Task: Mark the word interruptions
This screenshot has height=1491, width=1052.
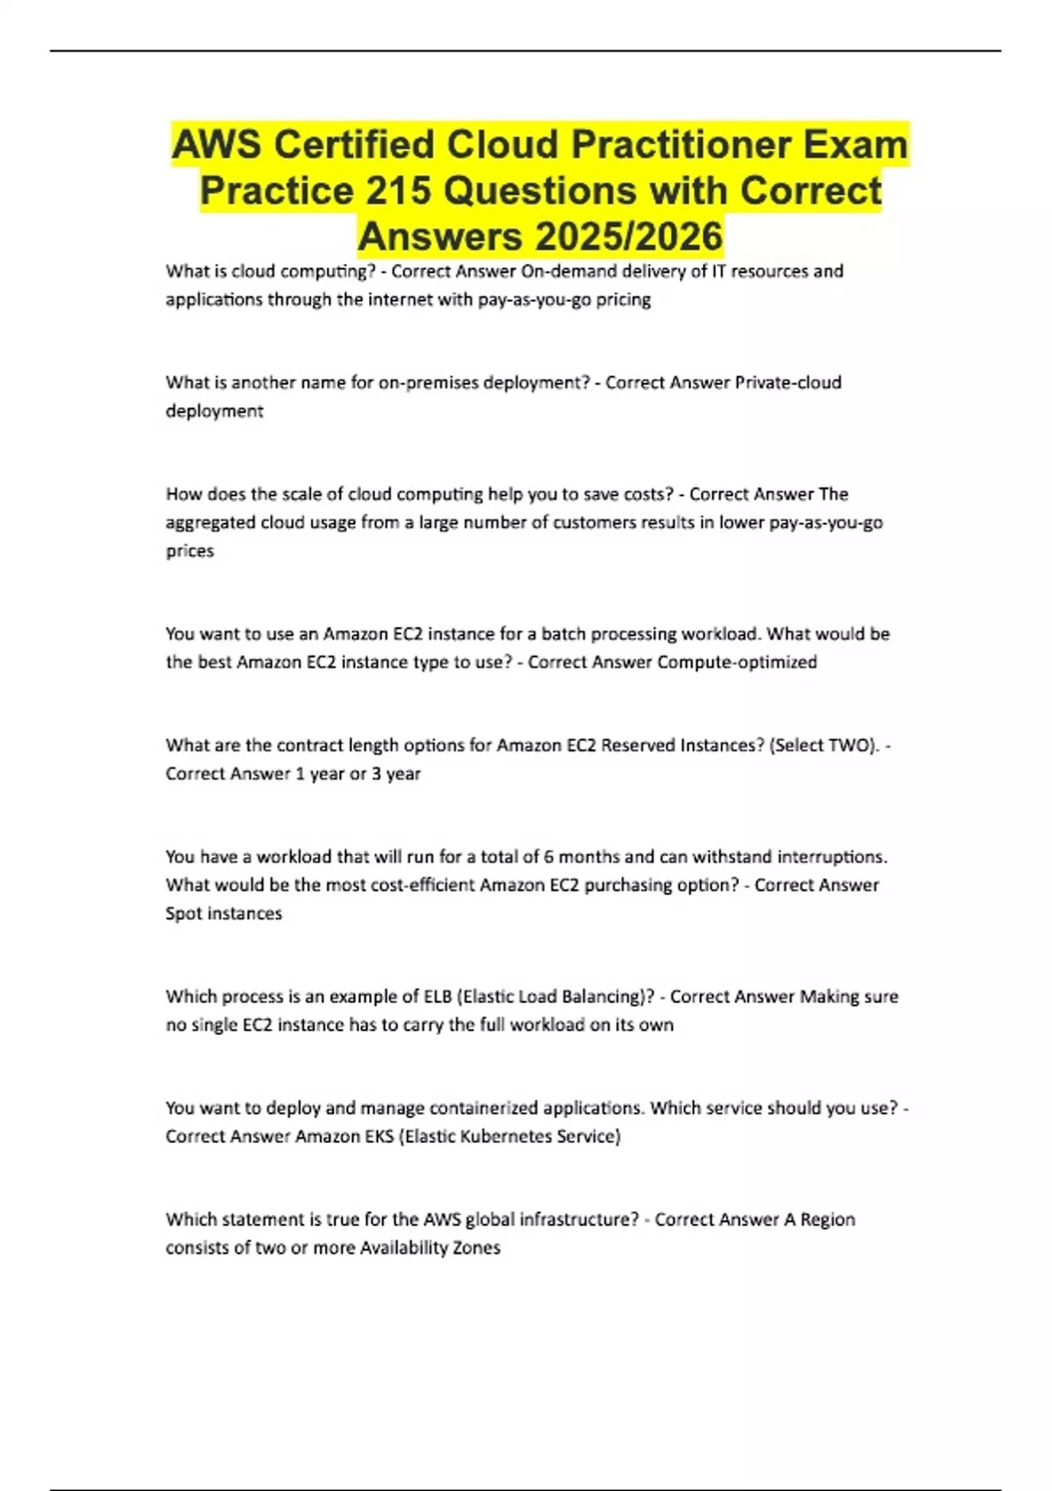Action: tap(834, 857)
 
